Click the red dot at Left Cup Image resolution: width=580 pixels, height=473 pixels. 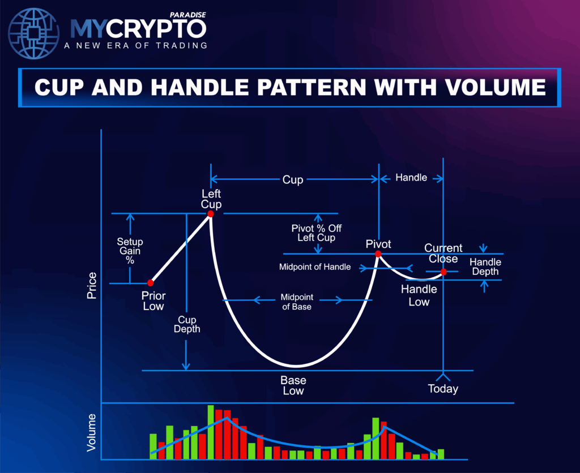click(211, 214)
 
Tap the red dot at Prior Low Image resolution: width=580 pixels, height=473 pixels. click(151, 283)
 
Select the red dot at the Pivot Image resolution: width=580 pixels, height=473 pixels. click(378, 254)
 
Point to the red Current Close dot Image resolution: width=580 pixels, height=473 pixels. click(443, 272)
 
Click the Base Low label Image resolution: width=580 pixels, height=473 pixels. click(293, 385)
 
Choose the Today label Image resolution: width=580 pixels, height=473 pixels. click(443, 389)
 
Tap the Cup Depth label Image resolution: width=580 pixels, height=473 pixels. click(187, 324)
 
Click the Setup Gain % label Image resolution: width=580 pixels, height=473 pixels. click(130, 251)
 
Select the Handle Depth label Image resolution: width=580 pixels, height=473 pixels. click(485, 267)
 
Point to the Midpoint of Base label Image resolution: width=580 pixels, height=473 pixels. click(297, 302)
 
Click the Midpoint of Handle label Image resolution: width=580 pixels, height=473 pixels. click(315, 267)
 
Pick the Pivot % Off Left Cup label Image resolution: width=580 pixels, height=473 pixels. click(317, 233)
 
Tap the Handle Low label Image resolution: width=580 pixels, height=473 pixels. click(419, 295)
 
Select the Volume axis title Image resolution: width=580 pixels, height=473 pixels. click(92, 432)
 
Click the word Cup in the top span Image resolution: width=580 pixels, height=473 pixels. click(293, 180)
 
